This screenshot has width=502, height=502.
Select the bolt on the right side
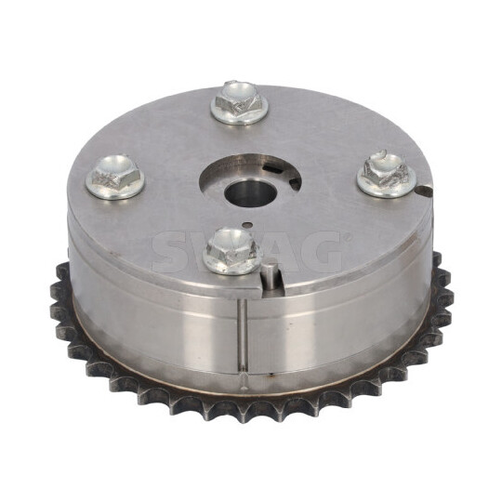[x=384, y=173]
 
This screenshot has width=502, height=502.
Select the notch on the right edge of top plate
[x=425, y=192]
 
